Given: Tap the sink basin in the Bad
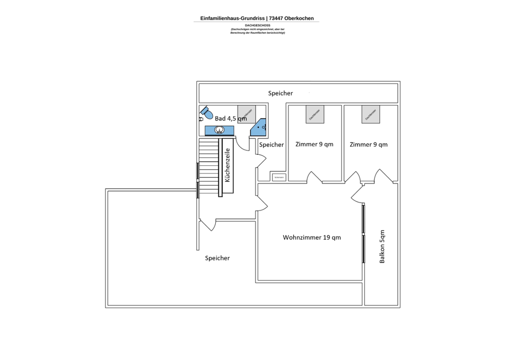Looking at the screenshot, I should coord(220,130).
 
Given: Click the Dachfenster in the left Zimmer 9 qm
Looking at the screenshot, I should coord(315,114).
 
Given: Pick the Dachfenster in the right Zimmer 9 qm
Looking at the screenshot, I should coord(371,114).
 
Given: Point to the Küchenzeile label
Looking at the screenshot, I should coord(227,165).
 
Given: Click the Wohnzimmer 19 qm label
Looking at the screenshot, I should coord(312,238).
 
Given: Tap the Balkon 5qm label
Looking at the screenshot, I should coord(382,247).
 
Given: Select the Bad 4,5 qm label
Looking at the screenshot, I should coord(231,118).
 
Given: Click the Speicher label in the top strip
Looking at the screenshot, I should coord(280,93).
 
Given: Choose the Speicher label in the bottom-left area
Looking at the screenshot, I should coord(217,258).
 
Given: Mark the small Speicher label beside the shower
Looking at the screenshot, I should coord(271,145).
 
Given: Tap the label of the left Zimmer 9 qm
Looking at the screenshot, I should coord(314,144).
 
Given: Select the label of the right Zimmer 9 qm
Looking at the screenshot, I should coord(368,144).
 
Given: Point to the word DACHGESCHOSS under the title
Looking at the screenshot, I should coord(258,25).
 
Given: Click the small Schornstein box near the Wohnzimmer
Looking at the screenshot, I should coord(279,178).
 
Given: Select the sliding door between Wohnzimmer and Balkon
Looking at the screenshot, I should coord(364,233).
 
